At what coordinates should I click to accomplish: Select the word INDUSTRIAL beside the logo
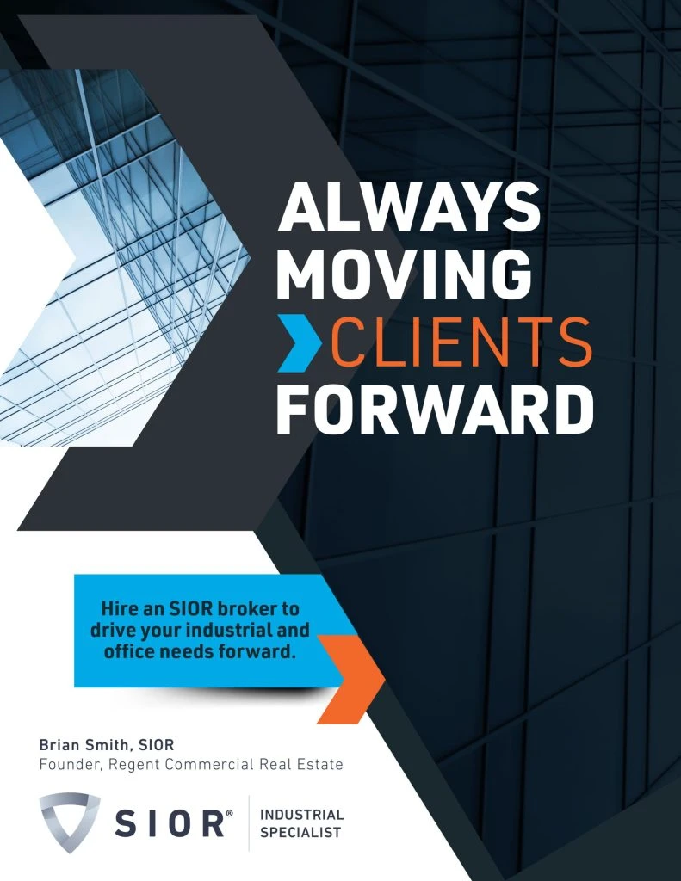coord(301,814)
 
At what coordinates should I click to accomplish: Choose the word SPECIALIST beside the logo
coord(300,832)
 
